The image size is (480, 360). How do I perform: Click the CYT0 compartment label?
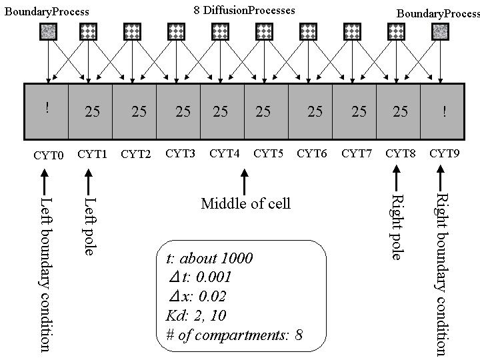(x=48, y=155)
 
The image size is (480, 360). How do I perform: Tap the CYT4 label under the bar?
(x=224, y=154)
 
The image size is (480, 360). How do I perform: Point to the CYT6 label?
(x=312, y=154)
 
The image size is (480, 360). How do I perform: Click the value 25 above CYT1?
(x=92, y=111)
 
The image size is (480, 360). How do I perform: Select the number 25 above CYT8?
(x=400, y=111)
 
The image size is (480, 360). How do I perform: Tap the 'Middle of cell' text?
(x=245, y=203)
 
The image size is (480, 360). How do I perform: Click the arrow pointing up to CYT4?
(x=245, y=181)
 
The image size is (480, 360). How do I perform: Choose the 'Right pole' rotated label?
(x=397, y=227)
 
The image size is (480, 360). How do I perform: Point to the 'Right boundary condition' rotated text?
(x=441, y=273)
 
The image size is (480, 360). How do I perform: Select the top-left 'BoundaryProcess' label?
(x=47, y=11)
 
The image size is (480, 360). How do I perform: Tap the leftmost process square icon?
(x=49, y=31)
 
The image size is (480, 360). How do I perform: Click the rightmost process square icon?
(x=440, y=31)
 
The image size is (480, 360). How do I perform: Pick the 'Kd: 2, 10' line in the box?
(x=197, y=316)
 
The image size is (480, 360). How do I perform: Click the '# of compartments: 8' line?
(x=234, y=335)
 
